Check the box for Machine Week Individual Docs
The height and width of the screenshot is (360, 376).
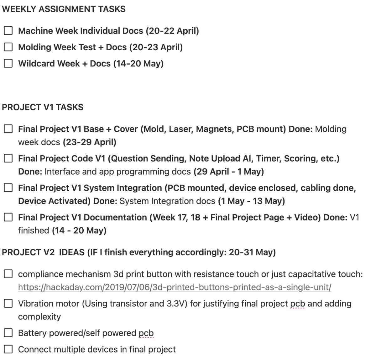pos(8,31)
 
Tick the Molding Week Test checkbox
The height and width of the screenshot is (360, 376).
pos(8,47)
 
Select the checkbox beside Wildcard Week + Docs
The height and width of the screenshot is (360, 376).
pos(8,63)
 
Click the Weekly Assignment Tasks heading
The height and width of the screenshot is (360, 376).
pos(64,9)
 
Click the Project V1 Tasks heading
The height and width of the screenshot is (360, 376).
pos(43,107)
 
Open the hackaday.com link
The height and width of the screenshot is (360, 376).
pos(175,287)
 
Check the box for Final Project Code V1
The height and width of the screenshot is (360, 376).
pos(8,158)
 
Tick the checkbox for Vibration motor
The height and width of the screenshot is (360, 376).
pos(8,304)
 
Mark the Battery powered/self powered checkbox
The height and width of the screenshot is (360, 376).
pos(8,333)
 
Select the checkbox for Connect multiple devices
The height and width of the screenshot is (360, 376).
pos(8,349)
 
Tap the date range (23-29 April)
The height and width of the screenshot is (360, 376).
pos(90,142)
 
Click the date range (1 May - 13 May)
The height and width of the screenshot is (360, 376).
pos(251,201)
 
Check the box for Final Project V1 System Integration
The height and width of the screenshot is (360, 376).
pos(8,188)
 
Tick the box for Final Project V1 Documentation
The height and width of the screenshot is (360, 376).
pos(8,217)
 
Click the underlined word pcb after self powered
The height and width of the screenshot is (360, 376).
pos(146,333)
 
